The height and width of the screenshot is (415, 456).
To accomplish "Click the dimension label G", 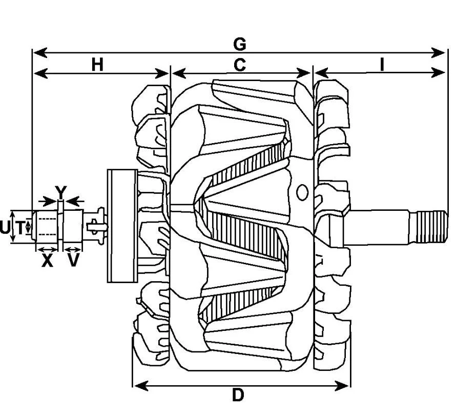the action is click(240, 44).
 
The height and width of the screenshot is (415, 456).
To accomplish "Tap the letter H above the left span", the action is click(97, 65).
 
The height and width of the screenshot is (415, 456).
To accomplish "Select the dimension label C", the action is click(240, 65).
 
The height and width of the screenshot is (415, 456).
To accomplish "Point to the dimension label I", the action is click(382, 65).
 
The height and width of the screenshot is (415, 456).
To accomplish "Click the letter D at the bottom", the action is click(238, 396).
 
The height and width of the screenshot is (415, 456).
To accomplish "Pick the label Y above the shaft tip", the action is click(61, 192).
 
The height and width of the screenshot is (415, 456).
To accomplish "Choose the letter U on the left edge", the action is click(5, 227).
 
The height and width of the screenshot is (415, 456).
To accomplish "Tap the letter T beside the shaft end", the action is click(20, 227).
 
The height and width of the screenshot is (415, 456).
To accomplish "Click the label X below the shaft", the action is click(47, 261).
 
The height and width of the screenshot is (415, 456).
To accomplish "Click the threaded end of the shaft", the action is click(432, 227).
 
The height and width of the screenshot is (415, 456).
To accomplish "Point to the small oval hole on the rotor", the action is click(302, 192).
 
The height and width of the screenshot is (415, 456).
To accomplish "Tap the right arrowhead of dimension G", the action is click(438, 53).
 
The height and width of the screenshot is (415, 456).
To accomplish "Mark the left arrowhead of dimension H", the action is click(40, 73).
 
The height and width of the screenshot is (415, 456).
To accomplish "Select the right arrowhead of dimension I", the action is click(438, 72).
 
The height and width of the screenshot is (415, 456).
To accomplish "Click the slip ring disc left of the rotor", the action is click(122, 226).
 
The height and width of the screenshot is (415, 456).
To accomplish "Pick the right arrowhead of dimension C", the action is click(304, 73).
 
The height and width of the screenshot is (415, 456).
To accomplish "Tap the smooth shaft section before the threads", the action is click(378, 227).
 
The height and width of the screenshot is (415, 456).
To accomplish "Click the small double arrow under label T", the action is click(28, 227).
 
